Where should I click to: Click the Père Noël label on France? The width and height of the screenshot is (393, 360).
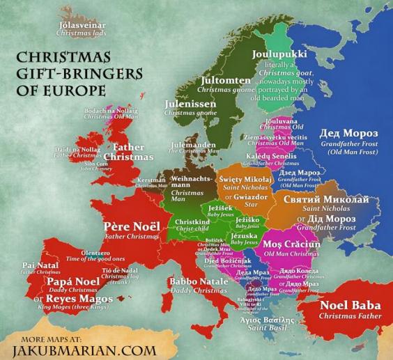point(127,227)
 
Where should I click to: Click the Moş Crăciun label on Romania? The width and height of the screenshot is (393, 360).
point(292,245)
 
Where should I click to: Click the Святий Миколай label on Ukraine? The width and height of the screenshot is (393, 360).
point(325,200)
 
